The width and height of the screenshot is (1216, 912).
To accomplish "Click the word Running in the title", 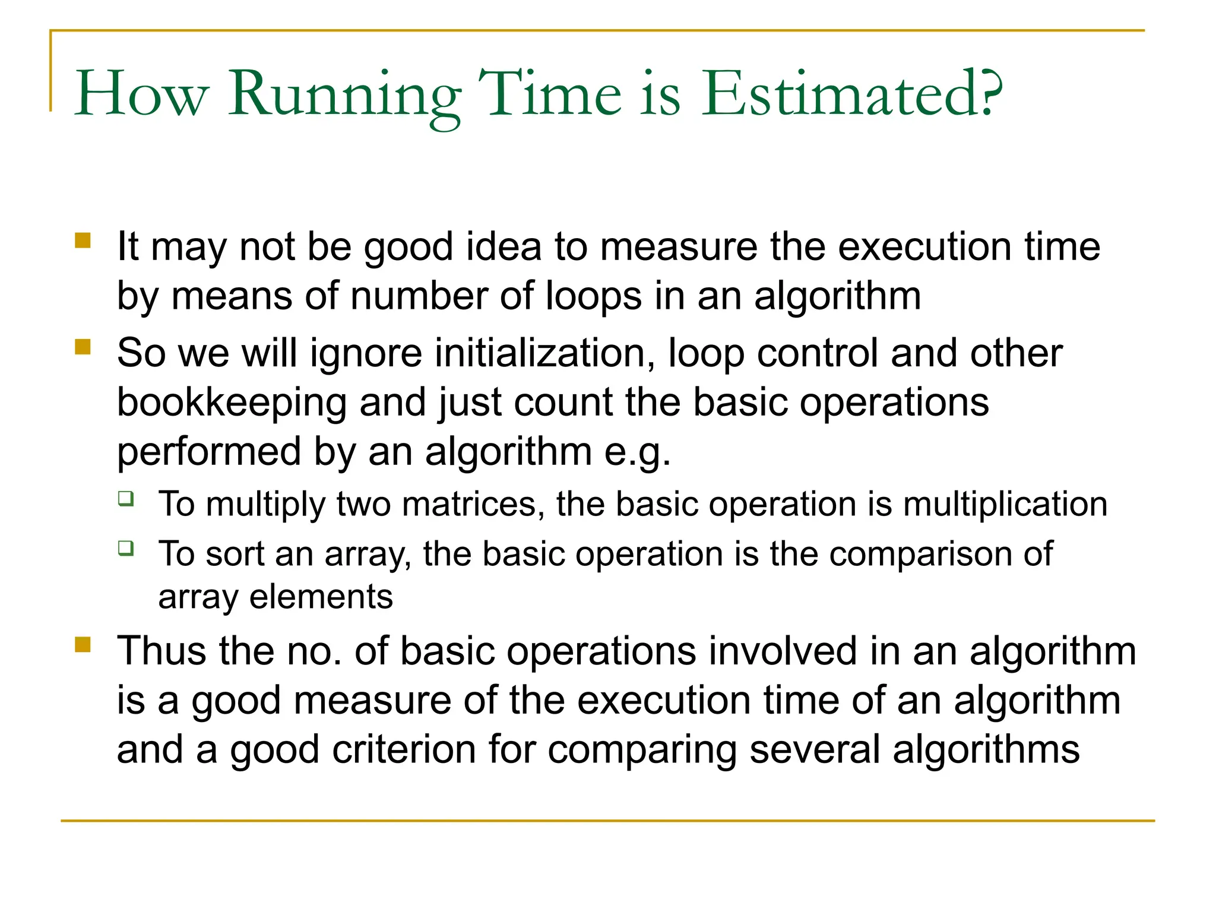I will pos(345,95).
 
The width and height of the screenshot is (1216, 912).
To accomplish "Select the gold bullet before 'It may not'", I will pos(83,240).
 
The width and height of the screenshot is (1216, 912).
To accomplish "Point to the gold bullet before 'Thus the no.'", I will pos(83,644).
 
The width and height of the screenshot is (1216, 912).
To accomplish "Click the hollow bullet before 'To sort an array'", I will pos(126,547).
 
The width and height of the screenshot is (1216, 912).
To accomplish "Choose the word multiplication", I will pos(1005,504).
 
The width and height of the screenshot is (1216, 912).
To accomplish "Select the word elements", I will pos(321,597).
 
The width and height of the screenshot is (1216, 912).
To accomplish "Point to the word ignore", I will pos(366,354).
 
